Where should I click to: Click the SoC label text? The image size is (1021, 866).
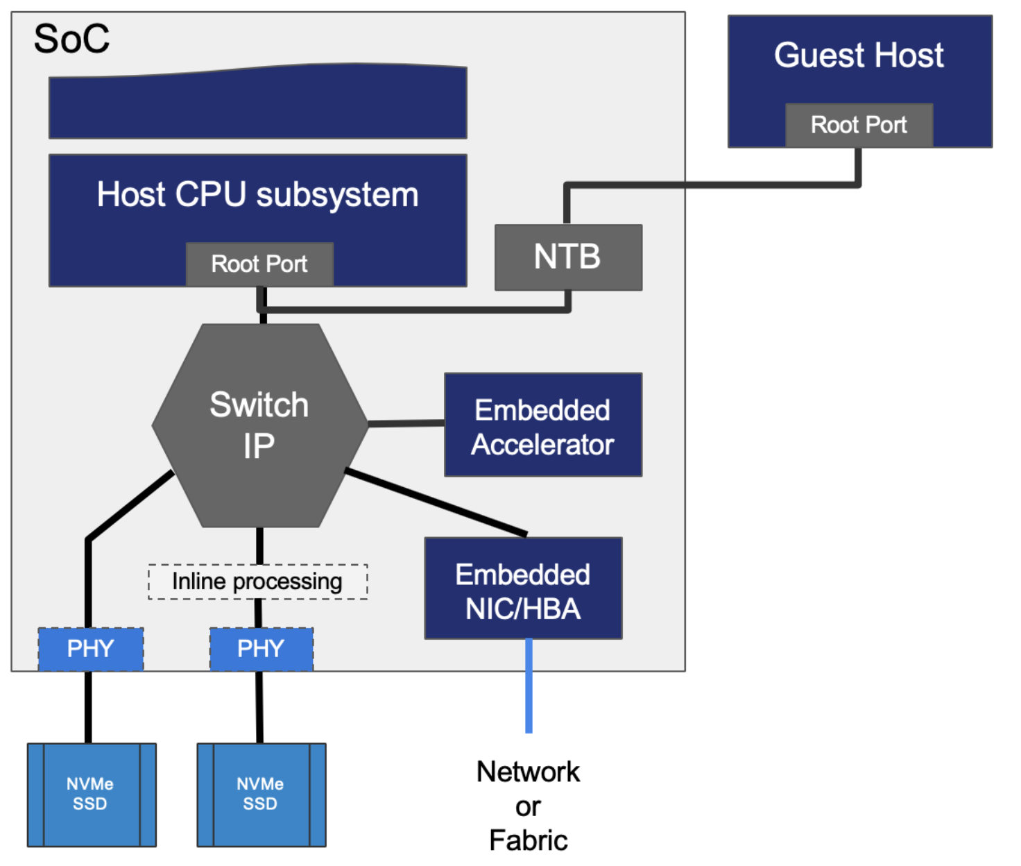pyautogui.click(x=71, y=39)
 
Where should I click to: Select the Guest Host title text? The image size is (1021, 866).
pyautogui.click(x=859, y=56)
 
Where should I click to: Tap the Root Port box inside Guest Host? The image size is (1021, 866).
pyautogui.click(x=859, y=125)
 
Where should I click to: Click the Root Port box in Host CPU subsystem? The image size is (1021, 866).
pyautogui.click(x=259, y=264)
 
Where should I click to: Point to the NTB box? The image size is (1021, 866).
pyautogui.click(x=568, y=257)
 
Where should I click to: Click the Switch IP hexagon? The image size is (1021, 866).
pyautogui.click(x=259, y=425)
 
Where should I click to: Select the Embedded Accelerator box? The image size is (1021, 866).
pyautogui.click(x=542, y=425)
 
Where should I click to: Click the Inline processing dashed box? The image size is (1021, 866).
pyautogui.click(x=257, y=581)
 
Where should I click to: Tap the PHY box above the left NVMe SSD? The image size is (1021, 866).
pyautogui.click(x=90, y=649)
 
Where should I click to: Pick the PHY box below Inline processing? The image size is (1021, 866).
pyautogui.click(x=261, y=649)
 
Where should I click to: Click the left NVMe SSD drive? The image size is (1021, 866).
pyautogui.click(x=91, y=795)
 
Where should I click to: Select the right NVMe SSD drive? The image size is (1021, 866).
pyautogui.click(x=261, y=795)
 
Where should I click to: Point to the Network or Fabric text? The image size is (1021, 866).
pyautogui.click(x=528, y=806)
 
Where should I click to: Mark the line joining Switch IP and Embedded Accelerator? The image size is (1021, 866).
pyautogui.click(x=406, y=423)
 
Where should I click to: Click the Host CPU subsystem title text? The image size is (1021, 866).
pyautogui.click(x=258, y=194)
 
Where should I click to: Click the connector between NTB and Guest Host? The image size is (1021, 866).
pyautogui.click(x=714, y=185)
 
